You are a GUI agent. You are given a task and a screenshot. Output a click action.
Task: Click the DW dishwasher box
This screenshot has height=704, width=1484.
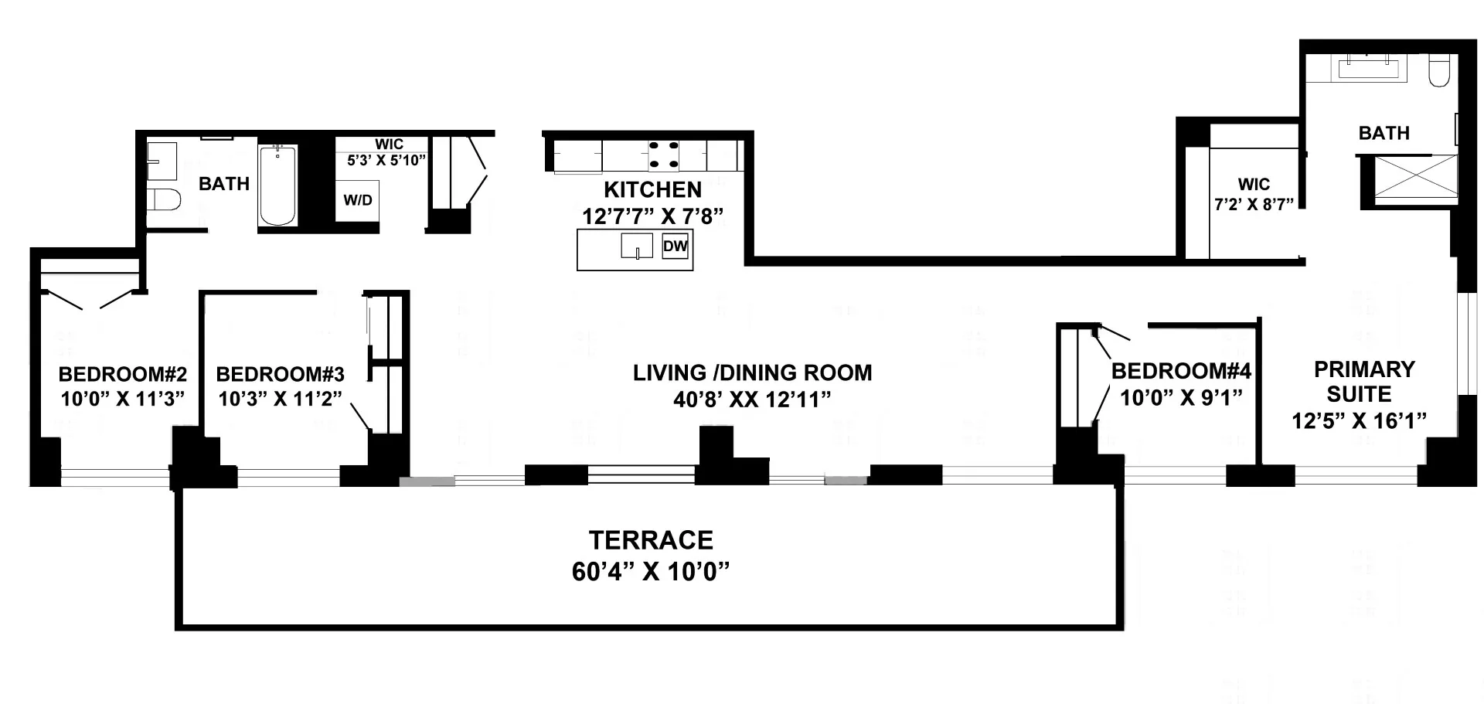(675, 247)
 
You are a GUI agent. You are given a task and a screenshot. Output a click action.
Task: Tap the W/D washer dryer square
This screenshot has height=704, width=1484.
(357, 201)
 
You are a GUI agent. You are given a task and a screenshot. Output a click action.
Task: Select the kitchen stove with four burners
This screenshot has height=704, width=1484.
(662, 155)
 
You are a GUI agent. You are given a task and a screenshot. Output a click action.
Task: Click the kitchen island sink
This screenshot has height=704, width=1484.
(637, 247)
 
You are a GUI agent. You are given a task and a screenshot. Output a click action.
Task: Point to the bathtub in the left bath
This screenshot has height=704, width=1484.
(277, 185)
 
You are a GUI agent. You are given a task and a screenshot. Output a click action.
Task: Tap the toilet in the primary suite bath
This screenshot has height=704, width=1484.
(1438, 70)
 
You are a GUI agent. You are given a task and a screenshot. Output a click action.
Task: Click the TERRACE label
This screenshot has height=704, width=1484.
(651, 539)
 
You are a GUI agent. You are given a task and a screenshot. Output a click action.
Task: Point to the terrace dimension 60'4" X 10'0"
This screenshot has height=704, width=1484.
(651, 572)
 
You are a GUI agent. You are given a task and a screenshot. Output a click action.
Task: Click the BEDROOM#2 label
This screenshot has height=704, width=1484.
(123, 375)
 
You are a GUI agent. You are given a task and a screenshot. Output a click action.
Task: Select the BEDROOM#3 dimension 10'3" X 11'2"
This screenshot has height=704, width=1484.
(280, 400)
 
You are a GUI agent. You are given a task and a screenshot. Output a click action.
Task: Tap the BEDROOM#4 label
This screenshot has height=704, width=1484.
(1180, 371)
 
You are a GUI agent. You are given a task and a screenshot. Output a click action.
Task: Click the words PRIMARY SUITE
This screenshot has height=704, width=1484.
(1363, 381)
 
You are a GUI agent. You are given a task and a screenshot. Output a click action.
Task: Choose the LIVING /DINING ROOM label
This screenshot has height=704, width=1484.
(752, 372)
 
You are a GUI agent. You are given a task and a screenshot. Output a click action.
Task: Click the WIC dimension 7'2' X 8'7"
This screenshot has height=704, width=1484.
(1253, 205)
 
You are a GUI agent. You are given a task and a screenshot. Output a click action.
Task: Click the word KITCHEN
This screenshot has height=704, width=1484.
(652, 189)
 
